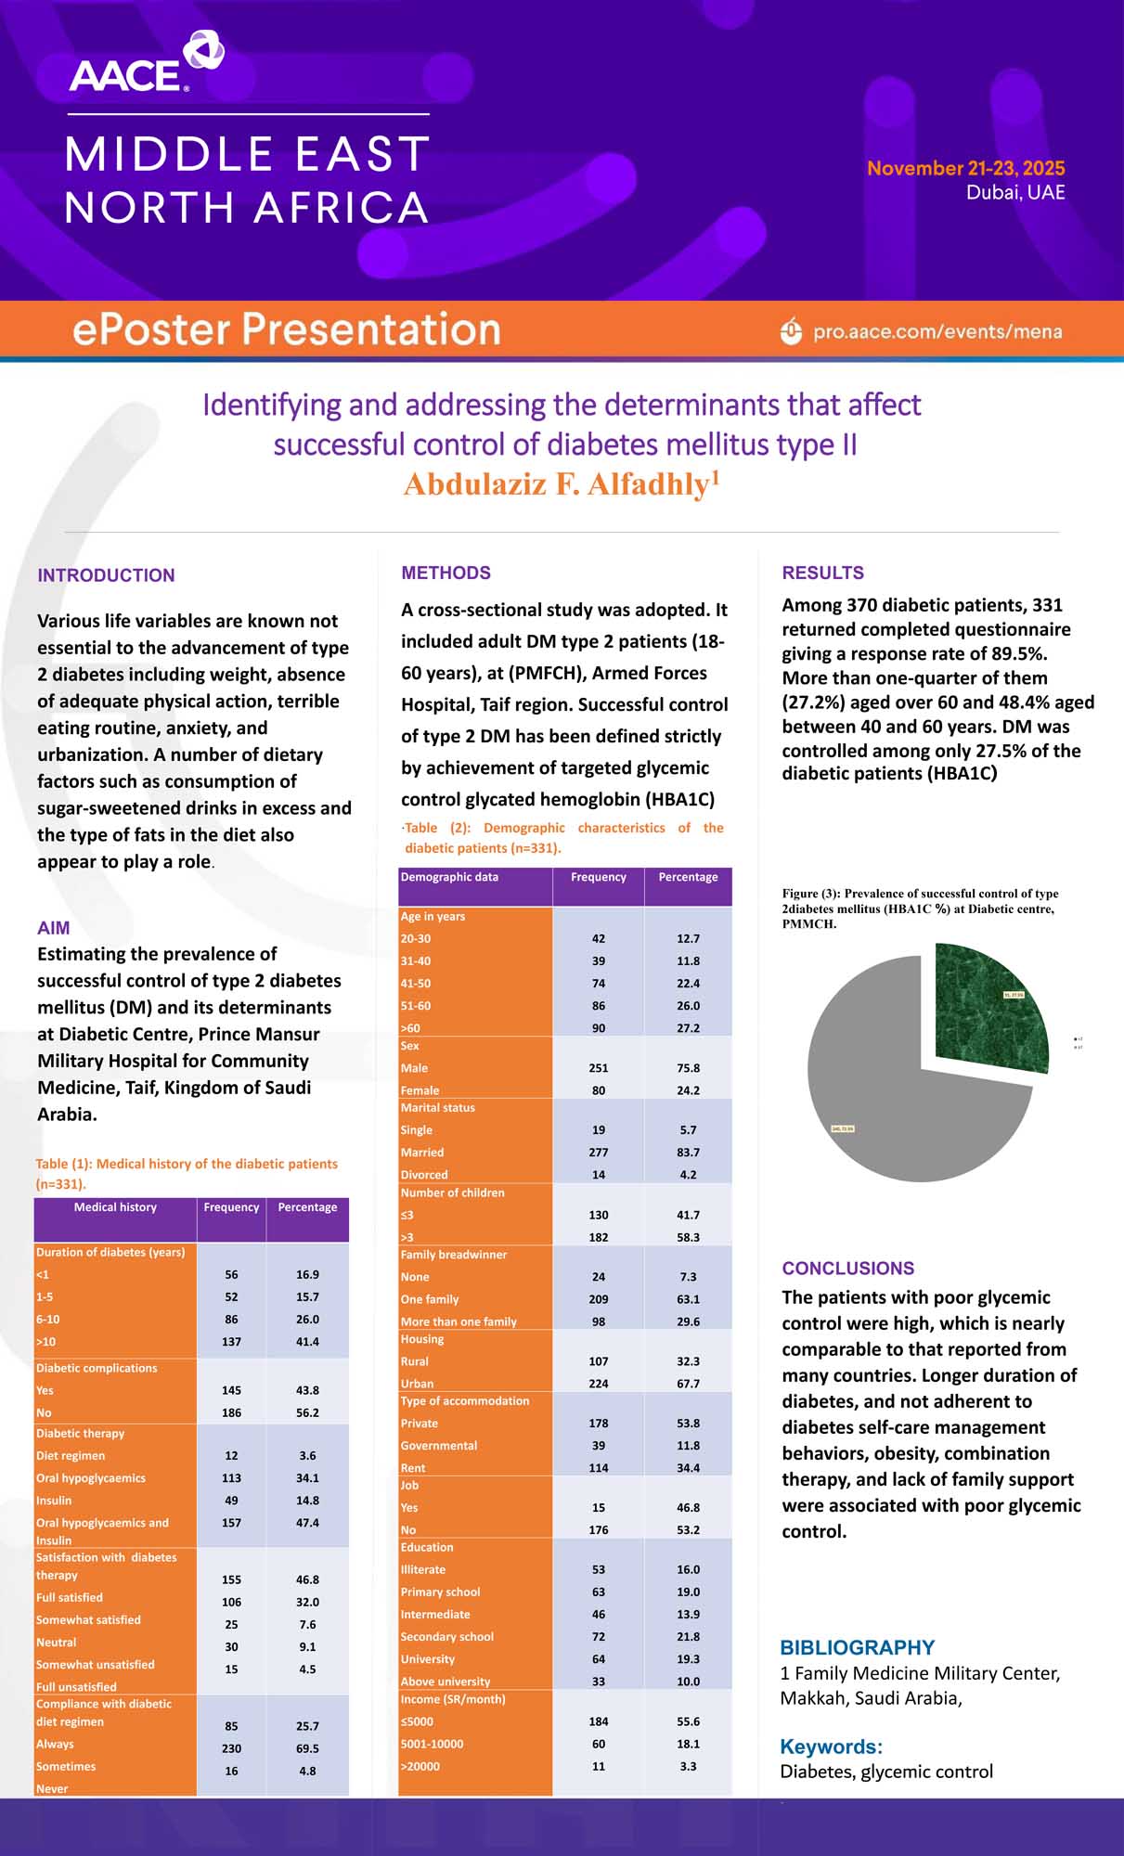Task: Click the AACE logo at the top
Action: (146, 64)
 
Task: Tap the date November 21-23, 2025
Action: (965, 168)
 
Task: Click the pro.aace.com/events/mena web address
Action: (937, 331)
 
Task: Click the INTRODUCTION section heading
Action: (106, 575)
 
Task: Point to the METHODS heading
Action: (446, 573)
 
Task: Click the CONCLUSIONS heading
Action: (847, 1268)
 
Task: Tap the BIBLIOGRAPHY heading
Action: (857, 1647)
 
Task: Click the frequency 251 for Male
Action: (599, 1068)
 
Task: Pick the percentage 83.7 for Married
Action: (688, 1153)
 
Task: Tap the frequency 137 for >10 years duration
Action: (231, 1342)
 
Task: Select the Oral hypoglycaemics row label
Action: (91, 1478)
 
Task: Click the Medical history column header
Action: (115, 1207)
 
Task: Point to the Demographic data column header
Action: (449, 877)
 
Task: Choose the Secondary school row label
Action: (446, 1637)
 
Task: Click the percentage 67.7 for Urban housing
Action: (688, 1384)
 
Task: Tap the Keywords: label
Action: (831, 1746)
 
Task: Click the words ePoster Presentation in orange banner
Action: (286, 329)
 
